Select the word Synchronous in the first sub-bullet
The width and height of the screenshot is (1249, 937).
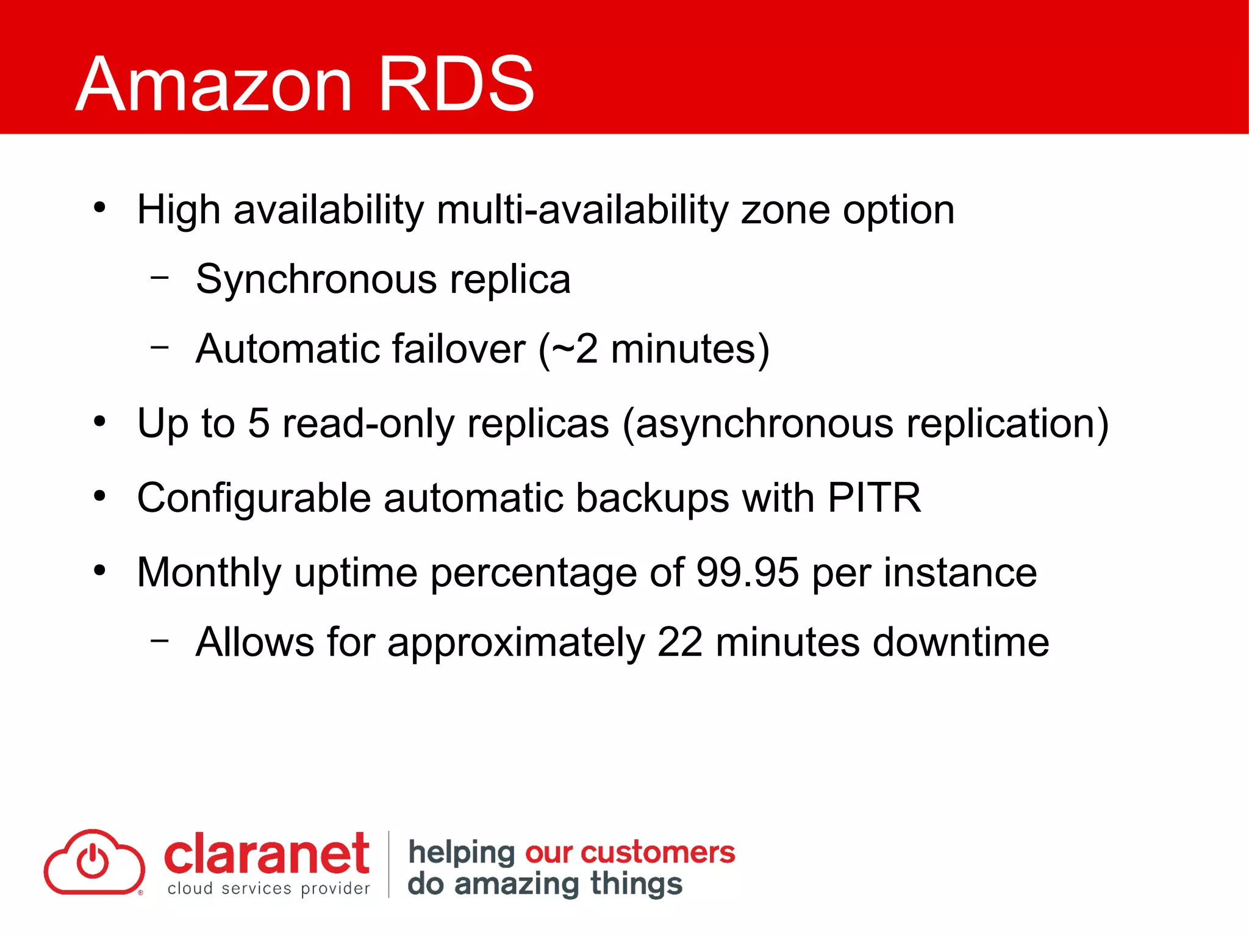(x=316, y=280)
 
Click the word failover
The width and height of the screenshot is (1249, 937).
(x=458, y=349)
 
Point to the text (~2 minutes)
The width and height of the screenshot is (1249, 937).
(x=654, y=350)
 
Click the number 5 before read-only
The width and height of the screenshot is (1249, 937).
(x=259, y=423)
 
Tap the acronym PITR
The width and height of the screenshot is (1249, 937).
(x=874, y=498)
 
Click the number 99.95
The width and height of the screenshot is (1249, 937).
(x=747, y=572)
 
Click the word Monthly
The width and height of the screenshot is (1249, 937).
(x=209, y=573)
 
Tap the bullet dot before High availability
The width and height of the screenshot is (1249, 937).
(x=100, y=207)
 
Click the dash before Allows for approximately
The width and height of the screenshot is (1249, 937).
(x=160, y=640)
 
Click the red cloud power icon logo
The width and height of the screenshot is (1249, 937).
(x=94, y=863)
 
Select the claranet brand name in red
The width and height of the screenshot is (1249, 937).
(x=267, y=855)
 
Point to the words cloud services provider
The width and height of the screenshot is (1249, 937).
(x=268, y=889)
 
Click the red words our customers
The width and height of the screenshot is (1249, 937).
(x=630, y=852)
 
